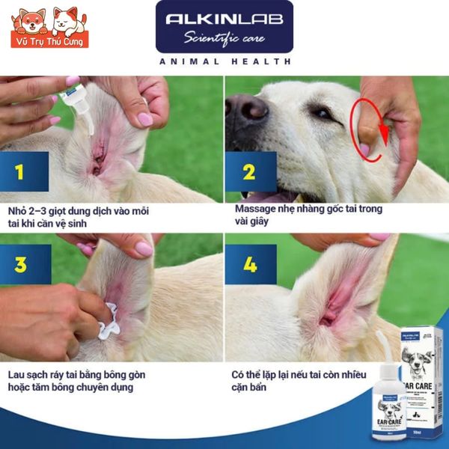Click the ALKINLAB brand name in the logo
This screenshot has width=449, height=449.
click(224, 19)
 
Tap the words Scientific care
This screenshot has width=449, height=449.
click(224, 37)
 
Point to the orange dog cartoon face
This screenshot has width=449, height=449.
click(33, 21)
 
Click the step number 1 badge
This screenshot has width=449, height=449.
click(19, 173)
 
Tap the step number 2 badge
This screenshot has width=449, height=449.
click(249, 173)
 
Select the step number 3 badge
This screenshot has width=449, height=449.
click(20, 264)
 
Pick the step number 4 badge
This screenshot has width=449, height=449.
click(249, 264)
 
